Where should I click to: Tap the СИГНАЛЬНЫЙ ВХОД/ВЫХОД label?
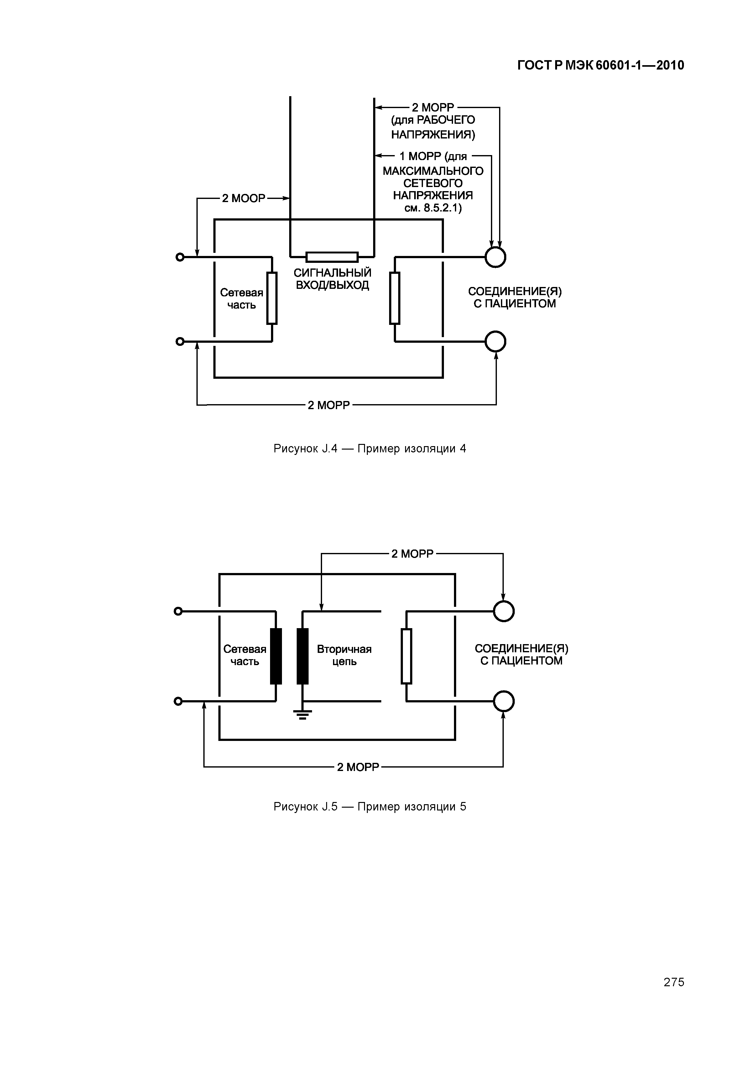[332, 279]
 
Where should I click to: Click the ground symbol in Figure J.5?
[302, 715]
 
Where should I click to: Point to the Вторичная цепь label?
[344, 655]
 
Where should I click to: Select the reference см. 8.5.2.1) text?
[433, 208]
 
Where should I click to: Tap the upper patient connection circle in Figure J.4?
[495, 257]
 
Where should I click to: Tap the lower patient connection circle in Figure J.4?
[495, 342]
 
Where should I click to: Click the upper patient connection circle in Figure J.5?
[503, 611]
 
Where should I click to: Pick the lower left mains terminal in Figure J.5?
[178, 701]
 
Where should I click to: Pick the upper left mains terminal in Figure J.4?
[180, 257]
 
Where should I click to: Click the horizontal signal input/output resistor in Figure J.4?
[332, 257]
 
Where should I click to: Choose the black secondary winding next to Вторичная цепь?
[302, 656]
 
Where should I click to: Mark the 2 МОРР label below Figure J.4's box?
[329, 405]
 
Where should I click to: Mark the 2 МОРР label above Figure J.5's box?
[412, 554]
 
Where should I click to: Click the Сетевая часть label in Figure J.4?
[241, 299]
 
